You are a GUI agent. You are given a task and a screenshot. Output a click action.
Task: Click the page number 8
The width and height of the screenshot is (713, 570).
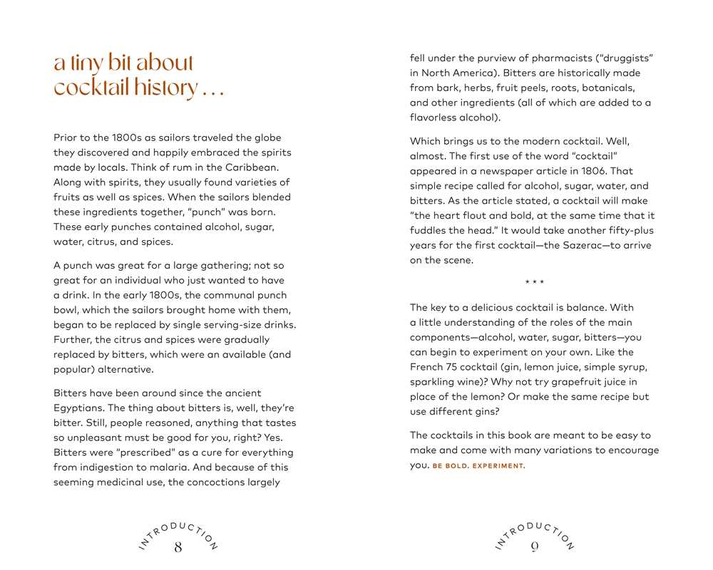[x=178, y=547]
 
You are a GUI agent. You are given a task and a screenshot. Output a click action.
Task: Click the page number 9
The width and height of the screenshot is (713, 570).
[x=534, y=547]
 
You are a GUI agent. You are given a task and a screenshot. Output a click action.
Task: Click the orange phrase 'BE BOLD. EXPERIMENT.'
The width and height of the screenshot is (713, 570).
[x=478, y=466]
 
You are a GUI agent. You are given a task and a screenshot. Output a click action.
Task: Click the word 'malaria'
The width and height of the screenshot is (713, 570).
[x=181, y=467]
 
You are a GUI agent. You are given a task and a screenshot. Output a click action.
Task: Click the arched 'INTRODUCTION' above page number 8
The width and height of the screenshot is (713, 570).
[x=178, y=532]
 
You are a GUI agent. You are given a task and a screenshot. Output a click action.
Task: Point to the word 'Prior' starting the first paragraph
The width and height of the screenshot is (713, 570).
[x=66, y=138]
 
